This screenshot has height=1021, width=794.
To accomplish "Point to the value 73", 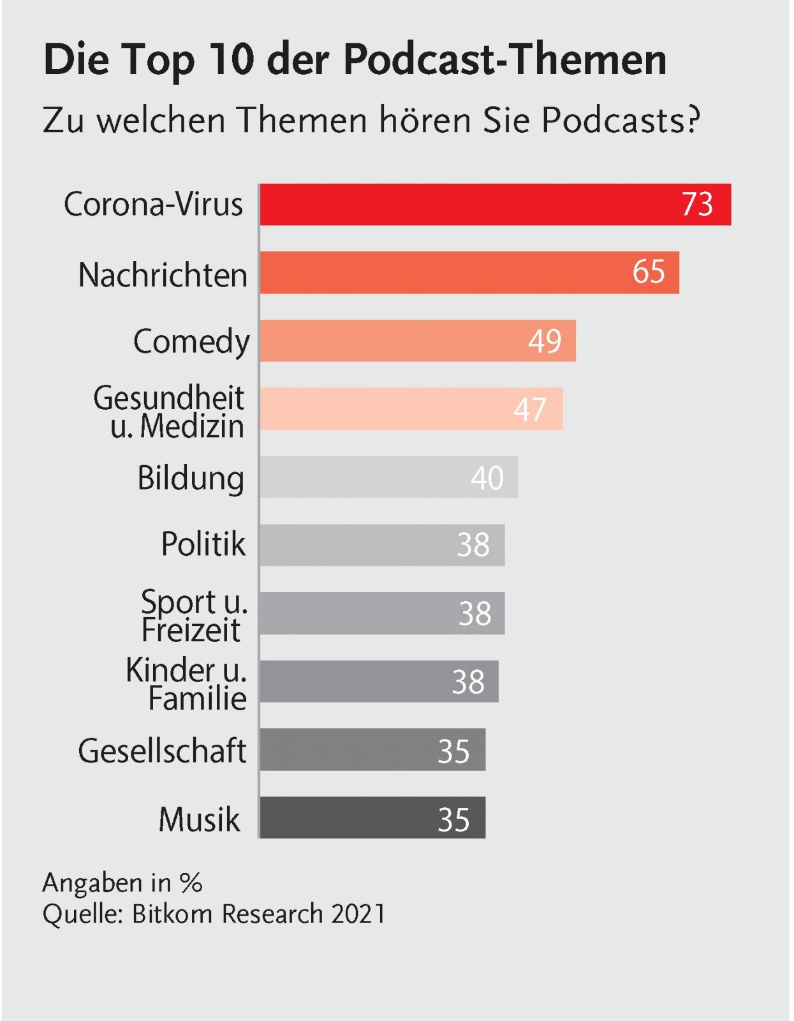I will pos(697,205).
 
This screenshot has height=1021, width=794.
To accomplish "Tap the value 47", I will pos(530,410).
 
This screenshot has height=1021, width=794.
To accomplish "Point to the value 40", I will pos(487,478).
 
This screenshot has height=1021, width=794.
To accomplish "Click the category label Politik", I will pos(203,544).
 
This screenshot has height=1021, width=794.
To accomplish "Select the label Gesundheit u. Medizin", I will pos(170,412).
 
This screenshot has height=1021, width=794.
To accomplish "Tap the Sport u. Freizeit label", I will pos(193,616).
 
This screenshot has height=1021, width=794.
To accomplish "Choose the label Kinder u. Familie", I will pos(187,684).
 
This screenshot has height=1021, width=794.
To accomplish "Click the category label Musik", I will pos(200,820).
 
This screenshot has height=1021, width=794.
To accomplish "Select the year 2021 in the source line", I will pos(359,914).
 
